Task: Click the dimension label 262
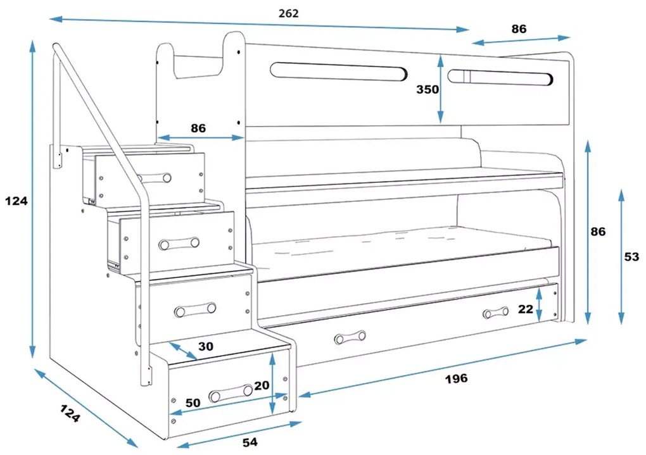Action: [x=288, y=13]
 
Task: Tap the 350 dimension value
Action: [x=427, y=89]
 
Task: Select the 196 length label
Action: [x=455, y=378]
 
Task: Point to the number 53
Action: [x=631, y=257]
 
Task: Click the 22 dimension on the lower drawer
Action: [x=525, y=308]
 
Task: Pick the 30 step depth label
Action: [x=206, y=347]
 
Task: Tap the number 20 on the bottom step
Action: [x=262, y=385]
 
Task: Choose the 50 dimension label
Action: [x=193, y=402]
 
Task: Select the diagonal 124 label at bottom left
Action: [x=70, y=414]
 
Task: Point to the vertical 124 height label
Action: [x=16, y=201]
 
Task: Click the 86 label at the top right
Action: [x=519, y=28]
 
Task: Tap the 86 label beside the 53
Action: [x=598, y=232]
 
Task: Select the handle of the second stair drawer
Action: [x=179, y=243]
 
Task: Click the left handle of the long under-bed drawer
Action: [x=350, y=337]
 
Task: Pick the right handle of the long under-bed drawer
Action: [x=495, y=313]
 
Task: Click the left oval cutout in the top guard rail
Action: [x=338, y=71]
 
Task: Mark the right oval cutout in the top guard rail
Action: [x=500, y=77]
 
